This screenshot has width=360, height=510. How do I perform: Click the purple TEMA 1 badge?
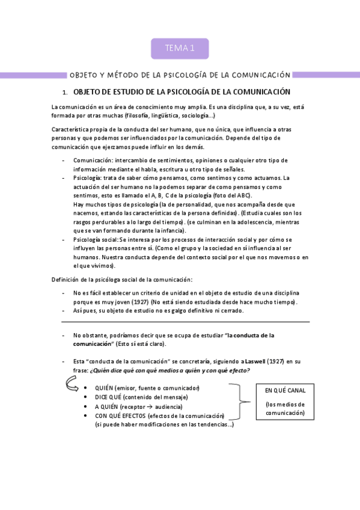(x=179, y=49)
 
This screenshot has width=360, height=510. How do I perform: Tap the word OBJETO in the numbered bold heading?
(x=90, y=92)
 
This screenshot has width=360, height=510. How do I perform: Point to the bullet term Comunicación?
(x=96, y=161)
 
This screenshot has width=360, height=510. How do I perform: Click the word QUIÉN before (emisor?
(x=105, y=388)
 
